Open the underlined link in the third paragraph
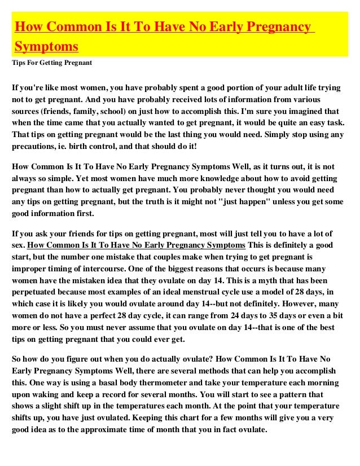coord(136,245)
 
